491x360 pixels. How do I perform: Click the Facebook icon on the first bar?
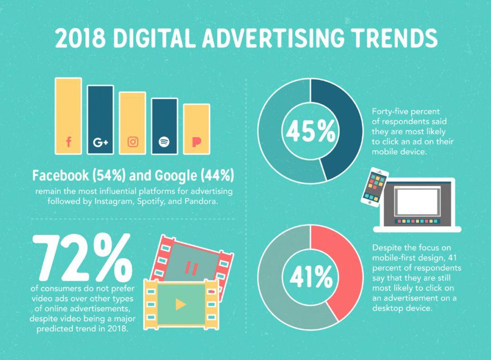pos(68,142)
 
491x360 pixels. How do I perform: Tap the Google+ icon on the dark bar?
pos(100,142)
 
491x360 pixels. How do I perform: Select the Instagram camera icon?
pos(133,142)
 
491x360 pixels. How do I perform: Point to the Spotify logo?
pos(164,142)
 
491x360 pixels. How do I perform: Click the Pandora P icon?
pos(196,142)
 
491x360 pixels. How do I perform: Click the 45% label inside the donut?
pos(310,131)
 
